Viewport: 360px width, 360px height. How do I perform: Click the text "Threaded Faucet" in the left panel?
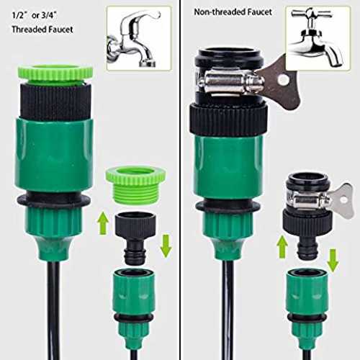point(42,30)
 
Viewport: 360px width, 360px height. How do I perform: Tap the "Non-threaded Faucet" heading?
point(233,12)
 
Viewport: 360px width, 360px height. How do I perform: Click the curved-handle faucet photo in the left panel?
point(139,38)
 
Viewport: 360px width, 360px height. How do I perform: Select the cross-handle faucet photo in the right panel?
point(318,38)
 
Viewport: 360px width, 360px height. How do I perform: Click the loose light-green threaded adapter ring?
point(135,186)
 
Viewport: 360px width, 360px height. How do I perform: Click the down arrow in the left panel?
point(166,246)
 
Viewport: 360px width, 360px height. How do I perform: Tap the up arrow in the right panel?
point(282,246)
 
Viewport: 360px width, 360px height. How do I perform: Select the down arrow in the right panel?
point(333,261)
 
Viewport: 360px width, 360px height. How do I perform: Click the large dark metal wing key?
point(281,81)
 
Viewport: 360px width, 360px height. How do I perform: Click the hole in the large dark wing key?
point(284,79)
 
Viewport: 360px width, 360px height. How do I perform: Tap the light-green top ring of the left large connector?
point(55,72)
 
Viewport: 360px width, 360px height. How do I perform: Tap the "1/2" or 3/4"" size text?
point(35,16)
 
